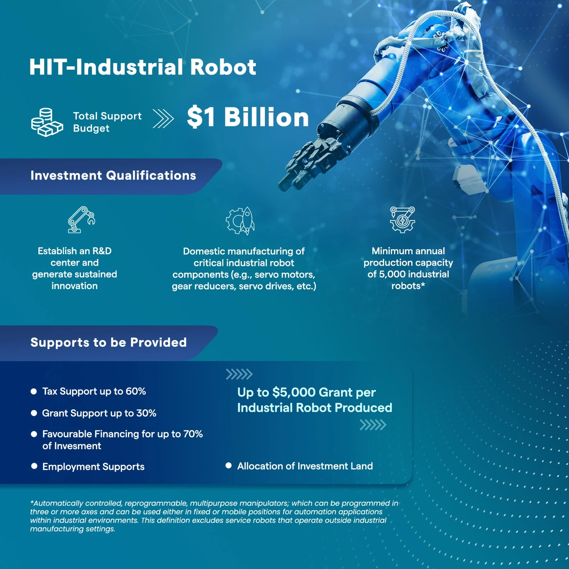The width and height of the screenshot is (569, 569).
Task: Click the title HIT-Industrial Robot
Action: pyautogui.click(x=143, y=67)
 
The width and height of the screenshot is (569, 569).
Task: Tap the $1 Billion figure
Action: pyautogui.click(x=248, y=117)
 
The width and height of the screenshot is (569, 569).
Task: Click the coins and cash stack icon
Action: pyautogui.click(x=47, y=122)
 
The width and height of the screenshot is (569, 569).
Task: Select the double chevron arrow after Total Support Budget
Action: pyautogui.click(x=163, y=118)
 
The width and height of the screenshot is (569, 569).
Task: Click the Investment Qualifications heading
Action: pyautogui.click(x=113, y=175)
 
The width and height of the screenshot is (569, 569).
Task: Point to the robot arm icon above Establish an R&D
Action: pyautogui.click(x=81, y=220)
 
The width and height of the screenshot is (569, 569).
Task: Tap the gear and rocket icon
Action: pyautogui.click(x=240, y=221)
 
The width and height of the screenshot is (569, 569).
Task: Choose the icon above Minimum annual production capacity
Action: pyautogui.click(x=403, y=220)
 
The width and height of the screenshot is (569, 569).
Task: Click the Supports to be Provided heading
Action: pyautogui.click(x=108, y=342)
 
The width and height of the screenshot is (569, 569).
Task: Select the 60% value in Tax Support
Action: pyautogui.click(x=136, y=391)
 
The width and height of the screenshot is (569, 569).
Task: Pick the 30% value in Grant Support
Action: pyautogui.click(x=147, y=413)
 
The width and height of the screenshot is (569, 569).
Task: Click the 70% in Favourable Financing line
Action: pyautogui.click(x=193, y=434)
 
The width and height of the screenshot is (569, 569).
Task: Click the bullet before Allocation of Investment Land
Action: pyautogui.click(x=229, y=466)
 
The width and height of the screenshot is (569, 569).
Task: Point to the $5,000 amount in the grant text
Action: pyautogui.click(x=294, y=392)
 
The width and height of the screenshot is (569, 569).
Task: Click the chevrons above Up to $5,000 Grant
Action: pyautogui.click(x=239, y=374)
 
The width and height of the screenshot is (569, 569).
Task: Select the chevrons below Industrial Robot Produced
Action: pyautogui.click(x=373, y=425)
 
